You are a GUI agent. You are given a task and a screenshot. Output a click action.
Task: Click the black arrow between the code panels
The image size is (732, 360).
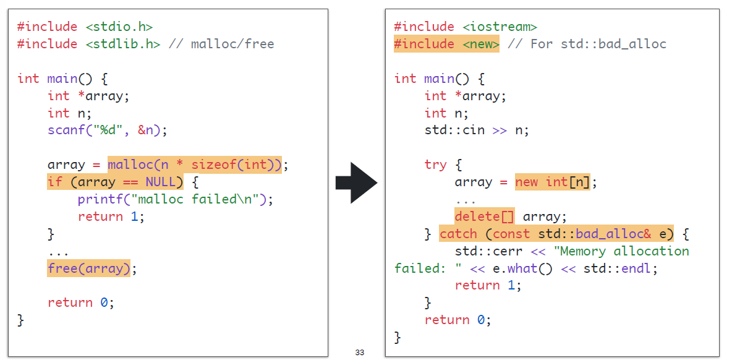click(356, 182)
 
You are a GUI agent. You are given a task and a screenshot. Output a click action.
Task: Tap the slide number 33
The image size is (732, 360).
click(360, 352)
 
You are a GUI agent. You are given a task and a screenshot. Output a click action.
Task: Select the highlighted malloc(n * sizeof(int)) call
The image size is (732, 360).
click(194, 165)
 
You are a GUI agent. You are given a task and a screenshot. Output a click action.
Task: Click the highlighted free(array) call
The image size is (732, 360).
click(88, 268)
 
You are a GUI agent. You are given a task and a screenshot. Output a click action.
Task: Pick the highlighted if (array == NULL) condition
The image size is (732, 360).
click(115, 182)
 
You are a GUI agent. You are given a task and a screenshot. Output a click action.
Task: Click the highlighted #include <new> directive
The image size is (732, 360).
click(446, 44)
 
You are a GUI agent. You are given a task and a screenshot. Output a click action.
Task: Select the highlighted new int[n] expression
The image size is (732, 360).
click(551, 182)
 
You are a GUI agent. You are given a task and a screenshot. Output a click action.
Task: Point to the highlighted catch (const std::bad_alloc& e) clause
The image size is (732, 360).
click(556, 234)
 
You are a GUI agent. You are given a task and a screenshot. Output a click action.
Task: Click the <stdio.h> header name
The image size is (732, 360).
click(119, 27)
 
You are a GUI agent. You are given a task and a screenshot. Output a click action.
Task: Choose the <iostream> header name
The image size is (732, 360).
click(500, 27)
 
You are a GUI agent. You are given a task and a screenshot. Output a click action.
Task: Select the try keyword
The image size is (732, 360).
click(435, 165)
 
